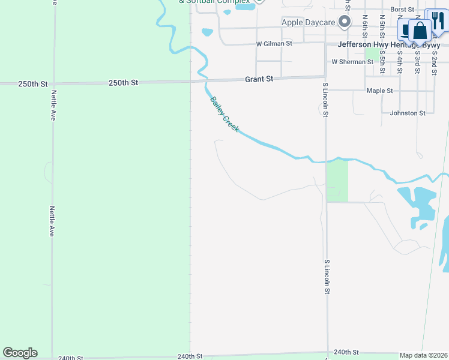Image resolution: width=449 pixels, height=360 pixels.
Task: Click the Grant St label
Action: coord(259,79)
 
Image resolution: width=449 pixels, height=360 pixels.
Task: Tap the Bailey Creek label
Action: coord(224,115)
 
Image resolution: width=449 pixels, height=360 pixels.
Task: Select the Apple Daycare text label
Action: coord(308,23)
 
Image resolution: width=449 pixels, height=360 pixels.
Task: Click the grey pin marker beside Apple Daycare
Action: coord(345,23)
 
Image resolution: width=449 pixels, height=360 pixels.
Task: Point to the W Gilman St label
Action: coord(274,44)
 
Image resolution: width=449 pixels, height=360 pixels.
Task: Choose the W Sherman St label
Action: coord(352,62)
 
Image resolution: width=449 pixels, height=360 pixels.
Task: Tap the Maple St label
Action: coord(379,91)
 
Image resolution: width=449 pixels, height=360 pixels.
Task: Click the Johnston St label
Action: coord(407,113)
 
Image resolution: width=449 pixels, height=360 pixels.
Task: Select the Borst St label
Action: coord(402,10)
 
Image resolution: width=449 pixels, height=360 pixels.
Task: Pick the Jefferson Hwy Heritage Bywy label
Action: coord(389,45)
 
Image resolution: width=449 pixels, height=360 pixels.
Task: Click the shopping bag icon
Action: coord(421,30)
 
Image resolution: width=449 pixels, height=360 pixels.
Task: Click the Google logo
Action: coord(20,353)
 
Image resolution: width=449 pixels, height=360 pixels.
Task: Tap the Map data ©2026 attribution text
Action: coord(424,355)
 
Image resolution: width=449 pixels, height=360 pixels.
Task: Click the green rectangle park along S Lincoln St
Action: coord(337,180)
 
